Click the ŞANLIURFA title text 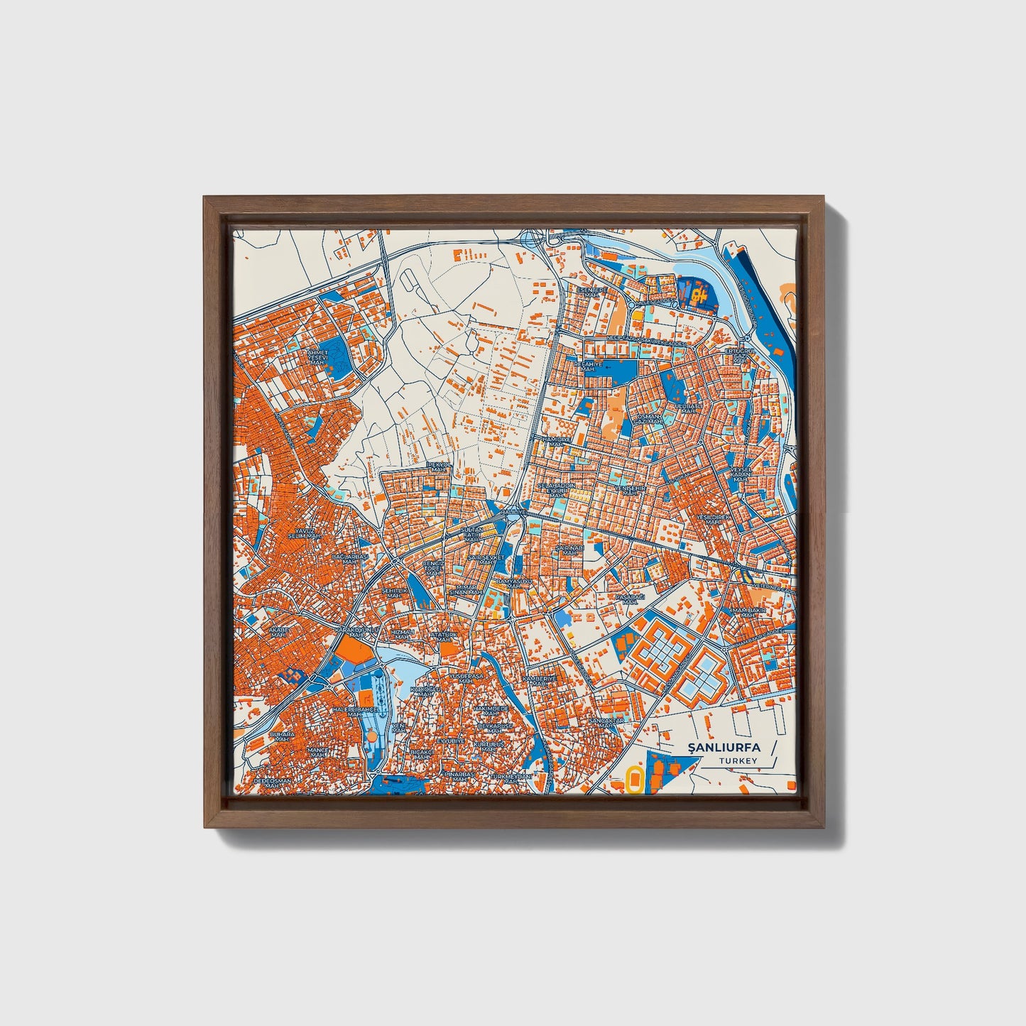point(724,747)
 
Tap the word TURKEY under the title point(738,761)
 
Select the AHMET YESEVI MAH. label point(317,356)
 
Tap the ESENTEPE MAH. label point(591,293)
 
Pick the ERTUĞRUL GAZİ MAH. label point(738,356)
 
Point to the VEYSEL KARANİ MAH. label point(741,474)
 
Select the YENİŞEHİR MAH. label point(628,491)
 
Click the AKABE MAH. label point(276,632)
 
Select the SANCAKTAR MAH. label point(606,723)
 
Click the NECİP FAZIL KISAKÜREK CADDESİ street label point(648,343)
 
